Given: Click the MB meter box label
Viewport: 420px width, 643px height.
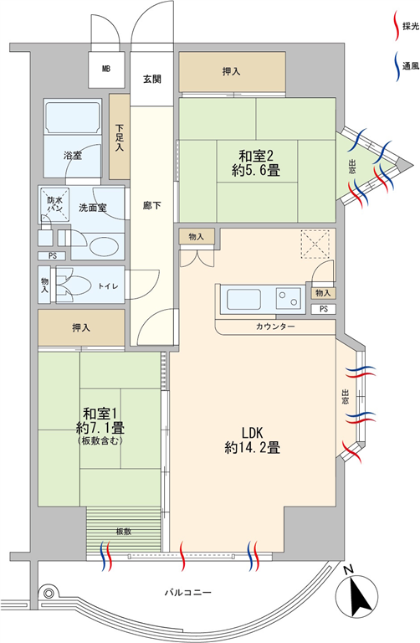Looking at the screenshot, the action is coord(106,69).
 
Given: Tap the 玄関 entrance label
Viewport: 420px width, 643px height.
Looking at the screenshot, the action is coord(152,79).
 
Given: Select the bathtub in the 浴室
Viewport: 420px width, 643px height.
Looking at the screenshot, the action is coord(73,117).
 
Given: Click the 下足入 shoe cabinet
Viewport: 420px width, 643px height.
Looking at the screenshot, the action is coord(120,136).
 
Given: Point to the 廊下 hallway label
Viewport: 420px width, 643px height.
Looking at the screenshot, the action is coord(152,205).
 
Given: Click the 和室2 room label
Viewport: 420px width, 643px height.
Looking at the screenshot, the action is coord(256,156).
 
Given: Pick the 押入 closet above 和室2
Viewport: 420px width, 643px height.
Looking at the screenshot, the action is coord(232,72).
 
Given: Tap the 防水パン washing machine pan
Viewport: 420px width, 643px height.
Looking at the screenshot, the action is coord(54,204).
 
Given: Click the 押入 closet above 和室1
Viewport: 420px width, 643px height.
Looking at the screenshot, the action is coord(81,327).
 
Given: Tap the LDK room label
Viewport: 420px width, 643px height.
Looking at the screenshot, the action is coord(252,432).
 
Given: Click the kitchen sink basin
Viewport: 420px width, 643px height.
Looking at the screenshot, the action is coord(244,300).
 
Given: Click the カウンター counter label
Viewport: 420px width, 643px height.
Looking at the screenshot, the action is coord(275,327).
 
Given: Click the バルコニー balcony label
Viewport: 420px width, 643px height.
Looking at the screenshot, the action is coord(188,592).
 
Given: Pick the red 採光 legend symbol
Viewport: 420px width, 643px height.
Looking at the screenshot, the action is coord(396,26).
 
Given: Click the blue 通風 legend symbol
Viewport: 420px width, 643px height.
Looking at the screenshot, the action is coord(397,66).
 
